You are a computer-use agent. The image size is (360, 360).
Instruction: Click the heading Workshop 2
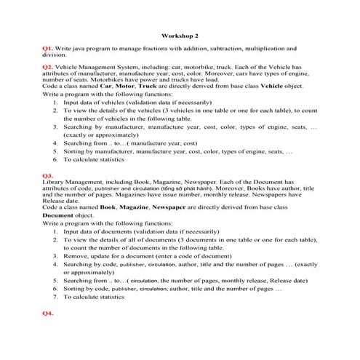[179, 34]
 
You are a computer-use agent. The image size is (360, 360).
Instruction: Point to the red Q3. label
[48, 176]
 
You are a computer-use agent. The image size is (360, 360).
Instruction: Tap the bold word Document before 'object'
[58, 215]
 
